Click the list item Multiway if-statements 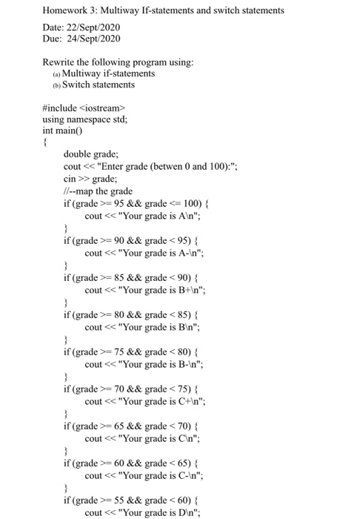(x=109, y=73)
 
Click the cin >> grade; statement (x=93, y=179)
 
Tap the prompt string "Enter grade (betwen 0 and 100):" (x=183, y=167)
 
